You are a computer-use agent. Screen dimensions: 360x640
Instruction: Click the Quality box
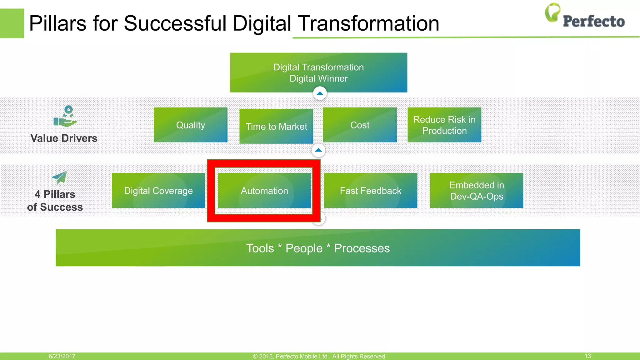190,125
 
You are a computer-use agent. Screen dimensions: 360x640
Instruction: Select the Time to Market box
276,126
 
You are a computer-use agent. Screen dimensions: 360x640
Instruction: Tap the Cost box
360,125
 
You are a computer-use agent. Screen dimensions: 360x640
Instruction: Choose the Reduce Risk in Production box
444,125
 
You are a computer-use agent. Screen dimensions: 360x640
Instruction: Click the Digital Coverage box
158,191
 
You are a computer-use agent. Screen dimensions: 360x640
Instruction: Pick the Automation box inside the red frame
264,191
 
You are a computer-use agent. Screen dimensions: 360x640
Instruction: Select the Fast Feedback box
370,191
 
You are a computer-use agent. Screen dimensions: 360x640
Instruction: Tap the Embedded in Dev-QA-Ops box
476,191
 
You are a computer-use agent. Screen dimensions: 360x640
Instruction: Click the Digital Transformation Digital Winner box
318,72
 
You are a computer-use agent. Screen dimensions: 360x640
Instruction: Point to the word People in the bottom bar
304,248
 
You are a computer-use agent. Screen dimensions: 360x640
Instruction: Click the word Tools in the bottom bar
260,248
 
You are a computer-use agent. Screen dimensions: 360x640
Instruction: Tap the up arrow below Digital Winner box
320,93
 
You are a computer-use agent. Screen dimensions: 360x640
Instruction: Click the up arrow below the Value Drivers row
318,150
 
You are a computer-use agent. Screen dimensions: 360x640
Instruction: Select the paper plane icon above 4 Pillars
60,177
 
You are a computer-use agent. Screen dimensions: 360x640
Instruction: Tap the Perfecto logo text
593,21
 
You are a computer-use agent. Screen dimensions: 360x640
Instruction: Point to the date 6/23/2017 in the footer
62,356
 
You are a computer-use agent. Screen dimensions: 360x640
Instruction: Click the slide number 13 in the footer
587,356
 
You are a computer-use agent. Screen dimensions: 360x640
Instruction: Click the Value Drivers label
64,138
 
